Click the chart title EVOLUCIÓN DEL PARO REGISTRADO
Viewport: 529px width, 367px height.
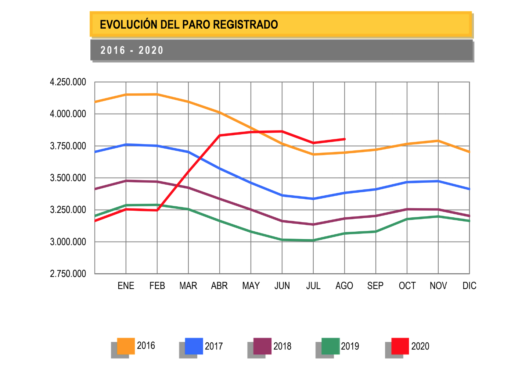[x=189, y=25]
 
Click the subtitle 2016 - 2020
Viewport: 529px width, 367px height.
[x=132, y=50]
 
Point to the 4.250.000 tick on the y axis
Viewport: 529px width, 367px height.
[x=68, y=82]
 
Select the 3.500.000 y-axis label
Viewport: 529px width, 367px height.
[x=68, y=178]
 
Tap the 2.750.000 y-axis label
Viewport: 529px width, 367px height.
[x=68, y=274]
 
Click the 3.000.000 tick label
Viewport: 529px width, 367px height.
[x=68, y=242]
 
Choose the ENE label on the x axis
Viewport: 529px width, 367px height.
[x=126, y=286]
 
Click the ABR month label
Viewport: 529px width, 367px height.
[x=219, y=286]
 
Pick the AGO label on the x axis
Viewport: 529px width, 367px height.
[x=344, y=286]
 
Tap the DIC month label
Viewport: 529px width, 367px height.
[x=469, y=286]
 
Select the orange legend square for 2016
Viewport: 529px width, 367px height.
[x=126, y=346]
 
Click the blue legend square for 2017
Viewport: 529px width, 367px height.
[x=194, y=346]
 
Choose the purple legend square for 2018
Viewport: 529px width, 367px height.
[x=262, y=346]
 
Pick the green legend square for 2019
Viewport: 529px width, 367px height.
[x=330, y=346]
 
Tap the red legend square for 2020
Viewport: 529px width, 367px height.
[x=400, y=346]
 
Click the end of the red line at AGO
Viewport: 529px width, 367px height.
[x=345, y=139]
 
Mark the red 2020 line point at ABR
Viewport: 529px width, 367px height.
[x=220, y=135]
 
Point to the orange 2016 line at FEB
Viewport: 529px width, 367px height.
[x=157, y=95]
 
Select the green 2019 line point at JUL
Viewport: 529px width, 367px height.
[x=313, y=240]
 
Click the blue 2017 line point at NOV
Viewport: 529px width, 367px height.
[x=438, y=181]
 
